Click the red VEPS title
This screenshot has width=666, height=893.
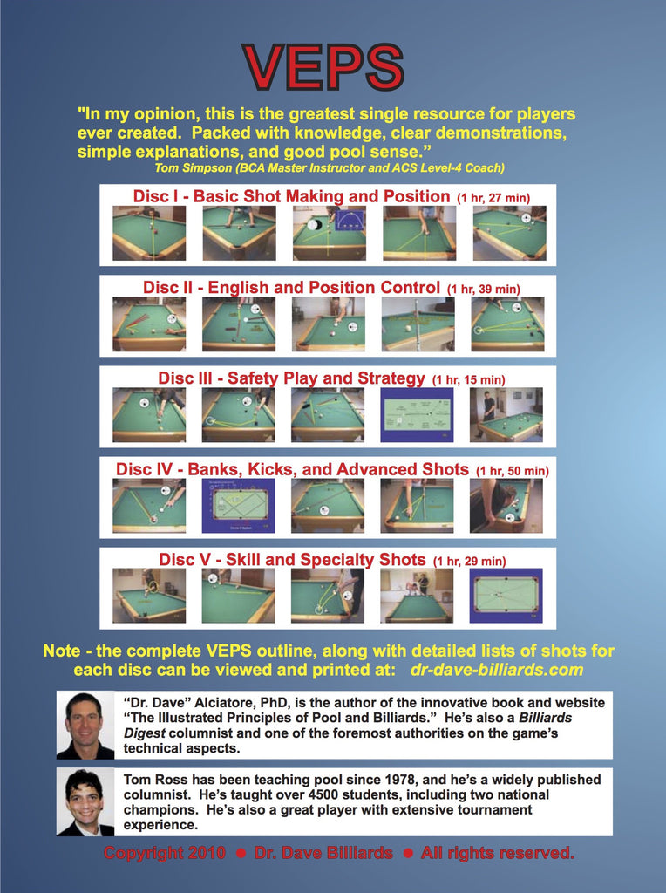tap(323, 66)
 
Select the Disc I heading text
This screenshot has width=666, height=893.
tap(291, 196)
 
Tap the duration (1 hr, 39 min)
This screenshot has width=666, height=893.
tap(483, 289)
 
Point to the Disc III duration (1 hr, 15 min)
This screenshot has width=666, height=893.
tap(468, 380)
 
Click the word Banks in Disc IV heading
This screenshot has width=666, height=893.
tap(214, 470)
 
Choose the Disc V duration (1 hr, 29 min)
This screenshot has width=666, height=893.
tap(470, 562)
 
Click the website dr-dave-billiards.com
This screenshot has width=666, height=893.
tap(496, 670)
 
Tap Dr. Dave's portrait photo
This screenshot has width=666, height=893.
tap(85, 725)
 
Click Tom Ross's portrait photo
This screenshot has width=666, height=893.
tap(85, 802)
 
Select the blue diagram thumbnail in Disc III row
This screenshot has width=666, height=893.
tap(417, 415)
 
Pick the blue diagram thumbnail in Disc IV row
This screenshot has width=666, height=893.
tap(239, 506)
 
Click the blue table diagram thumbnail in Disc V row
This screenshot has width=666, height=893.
tap(506, 596)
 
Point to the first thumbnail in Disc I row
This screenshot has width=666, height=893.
tap(149, 234)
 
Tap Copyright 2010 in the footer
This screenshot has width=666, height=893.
tap(165, 853)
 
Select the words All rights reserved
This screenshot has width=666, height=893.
tap(498, 853)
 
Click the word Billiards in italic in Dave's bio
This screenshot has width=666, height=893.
tap(546, 718)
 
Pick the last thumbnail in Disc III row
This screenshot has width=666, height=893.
tap(506, 415)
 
